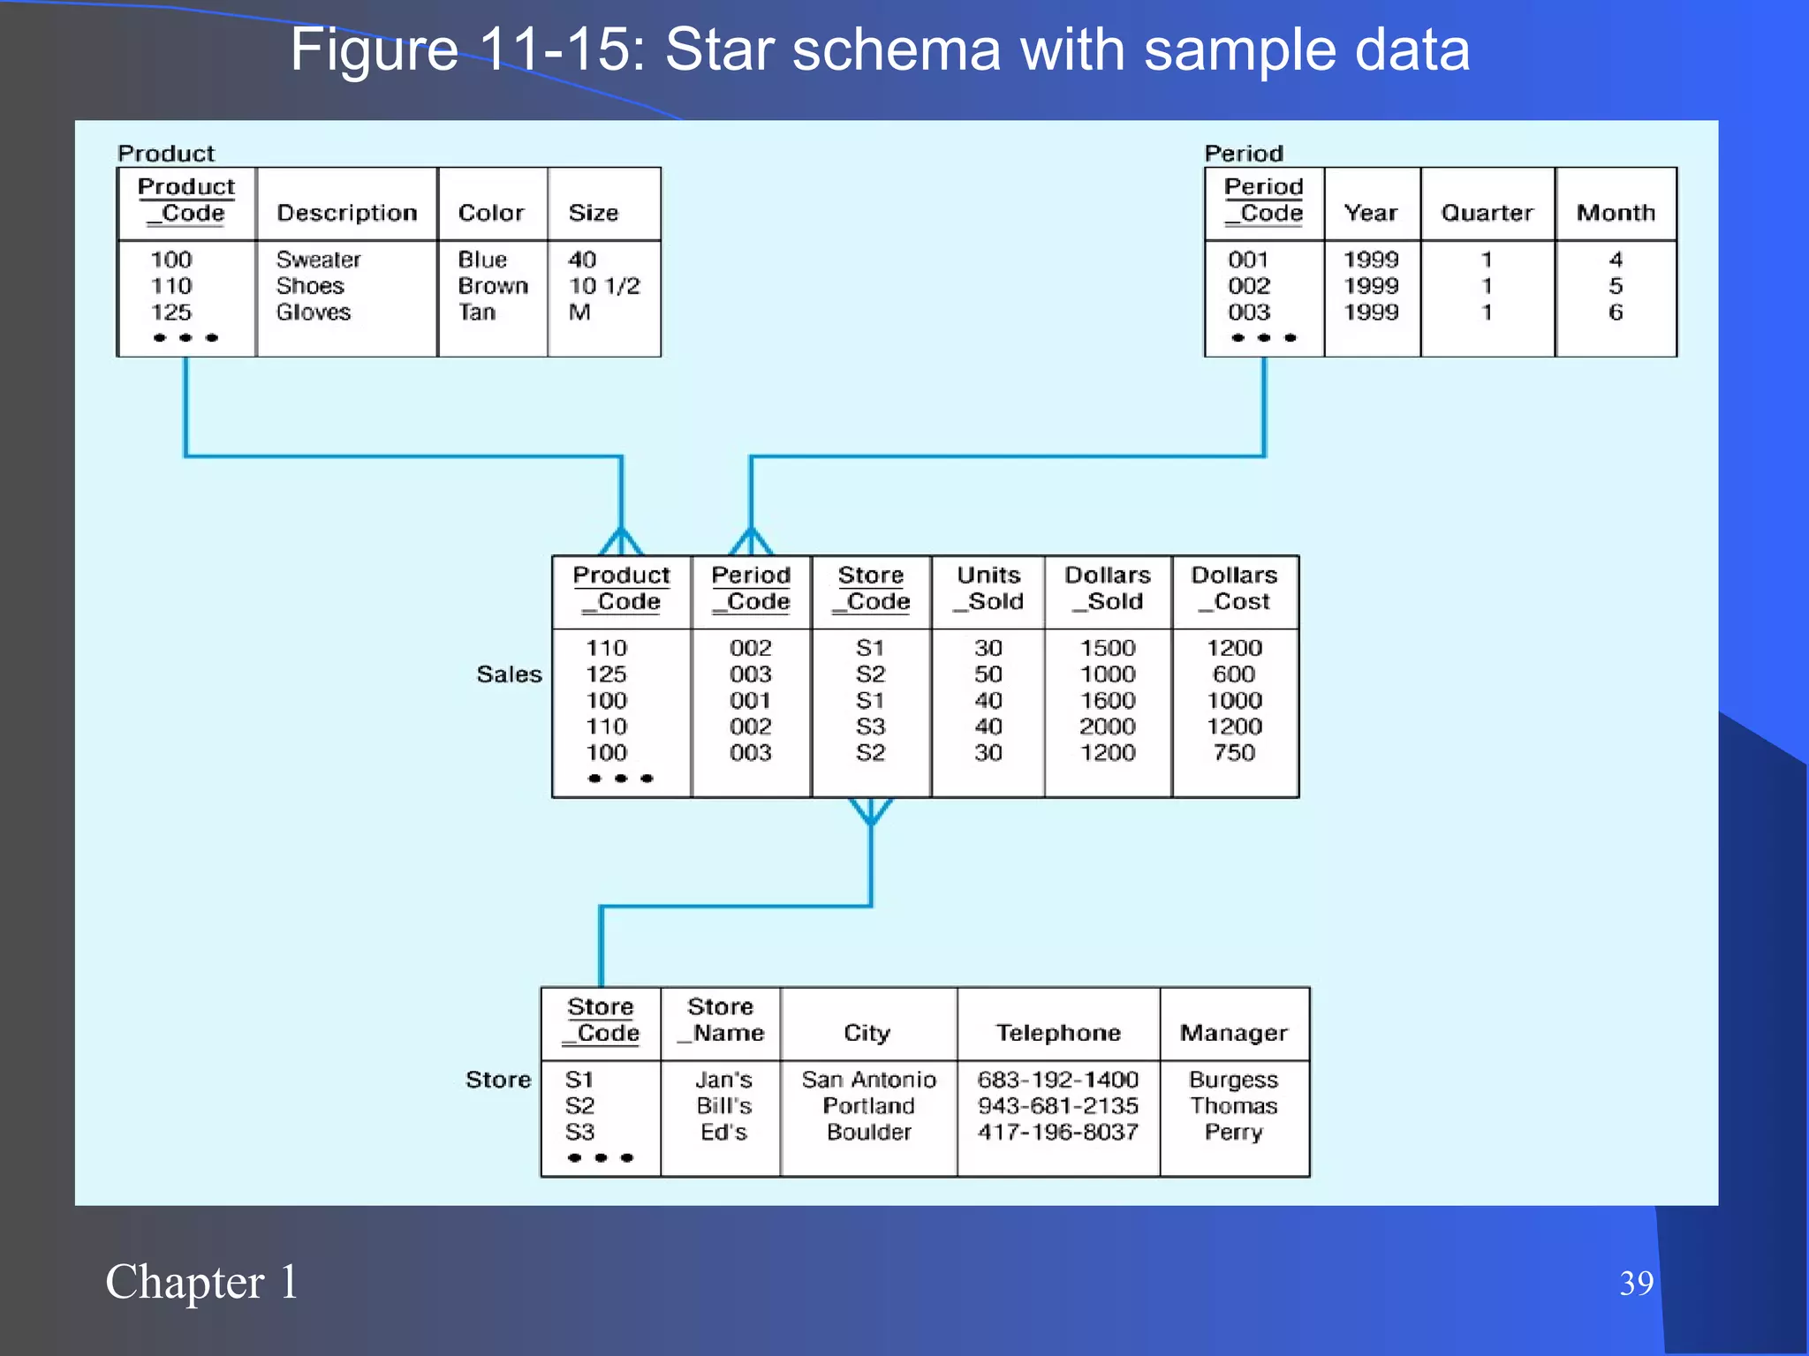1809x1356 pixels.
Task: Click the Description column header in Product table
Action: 346,213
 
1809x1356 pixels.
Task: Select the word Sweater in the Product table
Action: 318,260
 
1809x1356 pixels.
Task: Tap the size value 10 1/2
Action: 603,286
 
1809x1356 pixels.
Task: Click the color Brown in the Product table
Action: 492,286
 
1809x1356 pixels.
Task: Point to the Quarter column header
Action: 1487,213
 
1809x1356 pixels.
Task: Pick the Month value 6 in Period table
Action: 1615,313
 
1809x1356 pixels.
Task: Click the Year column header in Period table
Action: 1370,213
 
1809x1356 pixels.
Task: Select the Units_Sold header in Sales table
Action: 988,588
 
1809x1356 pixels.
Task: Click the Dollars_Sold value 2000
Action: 1107,727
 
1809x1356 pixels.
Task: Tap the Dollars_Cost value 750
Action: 1233,753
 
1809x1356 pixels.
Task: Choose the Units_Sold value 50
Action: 988,674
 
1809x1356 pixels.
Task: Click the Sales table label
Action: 509,674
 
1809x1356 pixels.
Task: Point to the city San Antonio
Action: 868,1080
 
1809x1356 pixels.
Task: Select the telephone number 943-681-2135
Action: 1057,1106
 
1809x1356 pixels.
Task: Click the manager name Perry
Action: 1233,1133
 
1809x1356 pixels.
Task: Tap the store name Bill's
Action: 723,1106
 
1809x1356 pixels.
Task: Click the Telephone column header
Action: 1057,1033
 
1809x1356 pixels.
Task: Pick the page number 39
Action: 1636,1283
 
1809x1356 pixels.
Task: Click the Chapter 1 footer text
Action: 201,1282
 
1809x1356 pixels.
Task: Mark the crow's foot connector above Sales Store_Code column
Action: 870,810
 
